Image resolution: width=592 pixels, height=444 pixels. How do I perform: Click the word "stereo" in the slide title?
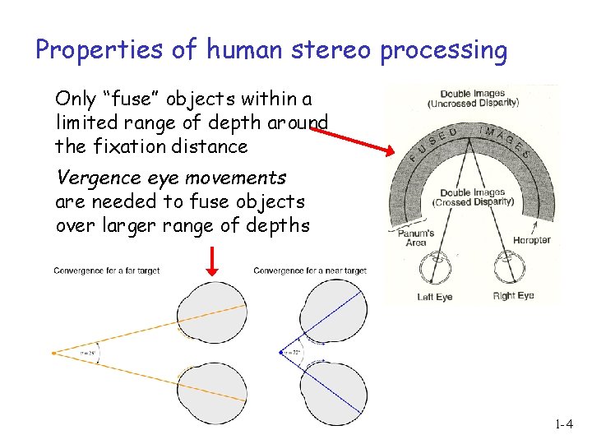(330, 51)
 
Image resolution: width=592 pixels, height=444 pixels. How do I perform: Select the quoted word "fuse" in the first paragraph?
(130, 99)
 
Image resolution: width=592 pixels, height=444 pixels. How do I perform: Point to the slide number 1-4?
(563, 425)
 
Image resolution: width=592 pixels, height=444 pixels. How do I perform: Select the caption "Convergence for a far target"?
(106, 271)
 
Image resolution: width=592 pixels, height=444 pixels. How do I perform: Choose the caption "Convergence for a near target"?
(309, 271)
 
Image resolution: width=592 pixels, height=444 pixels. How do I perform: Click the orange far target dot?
(54, 353)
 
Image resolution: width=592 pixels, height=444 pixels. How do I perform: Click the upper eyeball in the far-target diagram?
(212, 311)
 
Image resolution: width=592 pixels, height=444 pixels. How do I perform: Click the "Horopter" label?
(531, 240)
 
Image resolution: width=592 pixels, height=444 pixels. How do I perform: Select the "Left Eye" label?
(435, 297)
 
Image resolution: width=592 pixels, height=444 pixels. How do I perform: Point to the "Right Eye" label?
(513, 296)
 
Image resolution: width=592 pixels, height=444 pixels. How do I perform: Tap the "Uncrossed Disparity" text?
(472, 104)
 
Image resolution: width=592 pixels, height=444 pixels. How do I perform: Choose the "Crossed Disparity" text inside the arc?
(473, 201)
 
